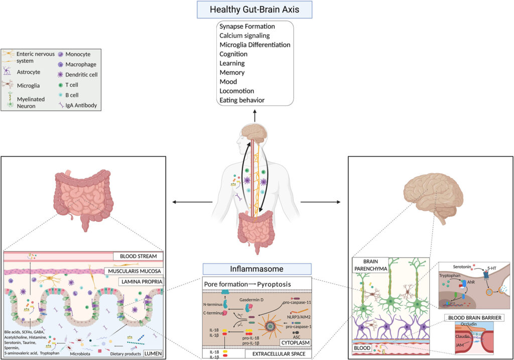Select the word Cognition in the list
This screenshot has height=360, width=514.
tap(233, 54)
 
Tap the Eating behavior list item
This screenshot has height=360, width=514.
tap(242, 100)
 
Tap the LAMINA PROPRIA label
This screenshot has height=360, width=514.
tap(141, 282)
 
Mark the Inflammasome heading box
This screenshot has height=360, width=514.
tap(256, 269)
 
